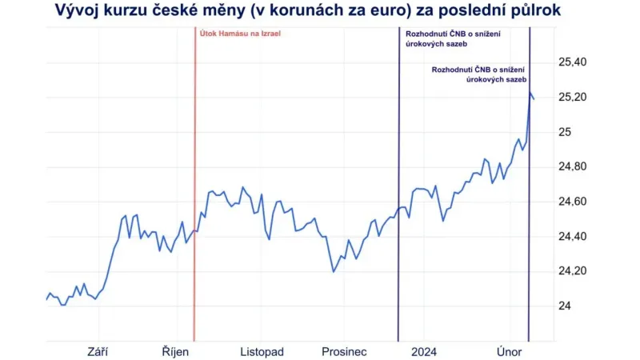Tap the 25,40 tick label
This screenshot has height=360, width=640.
tap(570, 62)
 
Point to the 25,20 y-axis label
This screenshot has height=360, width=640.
tap(570, 98)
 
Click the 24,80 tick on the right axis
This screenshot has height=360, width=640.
tap(570, 167)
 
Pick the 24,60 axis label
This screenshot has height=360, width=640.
tap(570, 202)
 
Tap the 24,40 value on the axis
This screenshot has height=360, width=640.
tap(570, 237)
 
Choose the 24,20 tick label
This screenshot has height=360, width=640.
tap(570, 271)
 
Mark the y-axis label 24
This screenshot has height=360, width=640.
tap(564, 306)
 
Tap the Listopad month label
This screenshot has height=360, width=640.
tap(262, 351)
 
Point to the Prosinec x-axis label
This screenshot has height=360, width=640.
tap(344, 351)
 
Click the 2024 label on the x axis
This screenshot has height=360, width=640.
tap(423, 351)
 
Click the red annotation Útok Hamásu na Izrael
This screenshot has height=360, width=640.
tap(241, 34)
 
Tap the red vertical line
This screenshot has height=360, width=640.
tap(194, 200)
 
